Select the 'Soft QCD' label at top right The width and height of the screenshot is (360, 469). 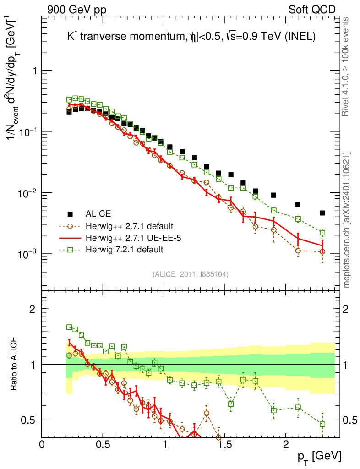click(312, 10)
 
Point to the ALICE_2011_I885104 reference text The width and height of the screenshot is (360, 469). click(191, 274)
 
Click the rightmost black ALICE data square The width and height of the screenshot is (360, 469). click(322, 213)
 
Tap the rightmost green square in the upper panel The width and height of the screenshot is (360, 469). click(322, 233)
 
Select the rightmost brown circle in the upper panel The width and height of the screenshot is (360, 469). click(322, 251)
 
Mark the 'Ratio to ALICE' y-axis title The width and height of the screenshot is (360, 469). click(16, 364)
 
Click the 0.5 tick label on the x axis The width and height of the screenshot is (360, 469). click(103, 444)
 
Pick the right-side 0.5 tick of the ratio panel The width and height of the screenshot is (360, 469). click(350, 420)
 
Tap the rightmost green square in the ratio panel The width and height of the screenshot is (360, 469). click(322, 424)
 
